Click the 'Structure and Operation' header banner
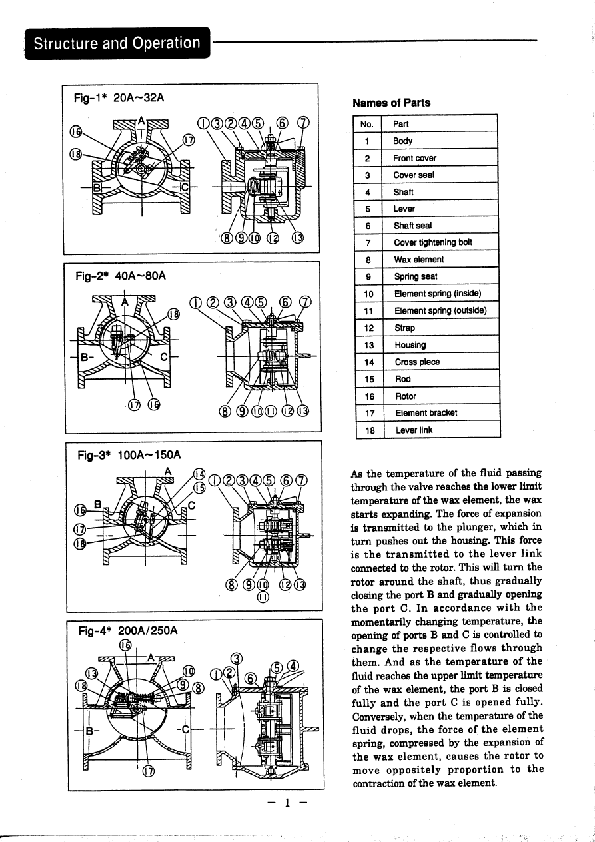click(x=117, y=43)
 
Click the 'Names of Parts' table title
click(x=391, y=103)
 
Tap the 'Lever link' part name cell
click(x=413, y=430)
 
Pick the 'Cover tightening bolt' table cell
click(x=433, y=242)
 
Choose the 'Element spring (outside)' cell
click(x=440, y=311)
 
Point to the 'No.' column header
click(x=367, y=124)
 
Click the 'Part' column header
click(x=401, y=124)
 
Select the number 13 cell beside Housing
click(x=367, y=345)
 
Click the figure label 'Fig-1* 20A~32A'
click(x=119, y=98)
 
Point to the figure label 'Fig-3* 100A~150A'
click(x=129, y=456)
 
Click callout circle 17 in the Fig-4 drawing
click(x=149, y=771)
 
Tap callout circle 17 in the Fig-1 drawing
click(x=189, y=141)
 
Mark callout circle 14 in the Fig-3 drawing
click(x=199, y=474)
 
